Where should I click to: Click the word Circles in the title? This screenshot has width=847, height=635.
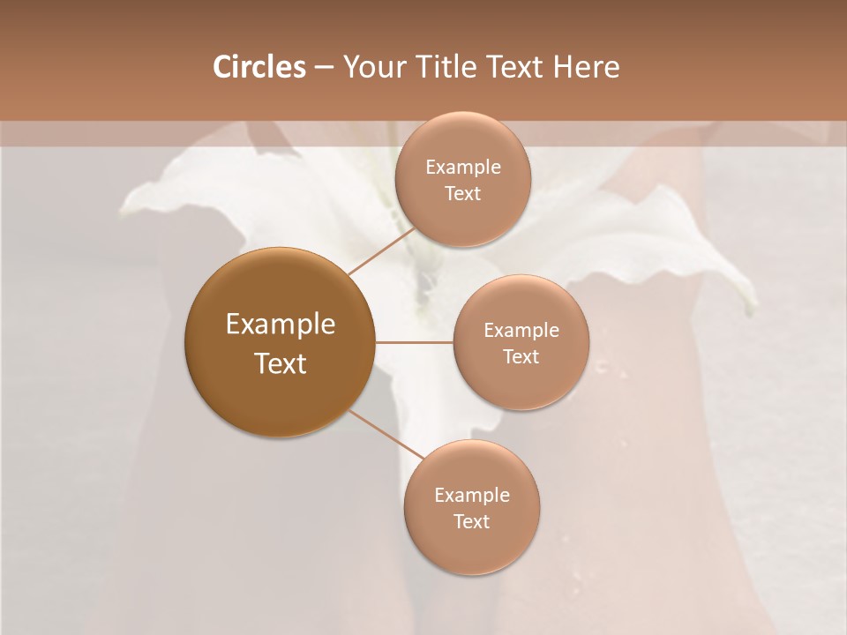point(259,67)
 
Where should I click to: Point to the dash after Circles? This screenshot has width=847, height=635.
point(324,68)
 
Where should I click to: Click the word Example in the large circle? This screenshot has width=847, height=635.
point(281,325)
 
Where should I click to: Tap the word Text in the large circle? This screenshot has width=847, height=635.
point(281,363)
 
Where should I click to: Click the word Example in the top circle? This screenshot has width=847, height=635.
point(463,168)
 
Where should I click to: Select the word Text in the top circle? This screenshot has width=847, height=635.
point(462,193)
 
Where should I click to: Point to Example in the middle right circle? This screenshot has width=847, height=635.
point(521,331)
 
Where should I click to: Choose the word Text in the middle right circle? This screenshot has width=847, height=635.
point(521,356)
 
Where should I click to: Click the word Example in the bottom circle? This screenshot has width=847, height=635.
point(472,496)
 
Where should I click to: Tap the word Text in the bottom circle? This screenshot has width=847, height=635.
point(471,521)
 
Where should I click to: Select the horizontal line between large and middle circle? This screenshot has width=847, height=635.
point(414,341)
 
